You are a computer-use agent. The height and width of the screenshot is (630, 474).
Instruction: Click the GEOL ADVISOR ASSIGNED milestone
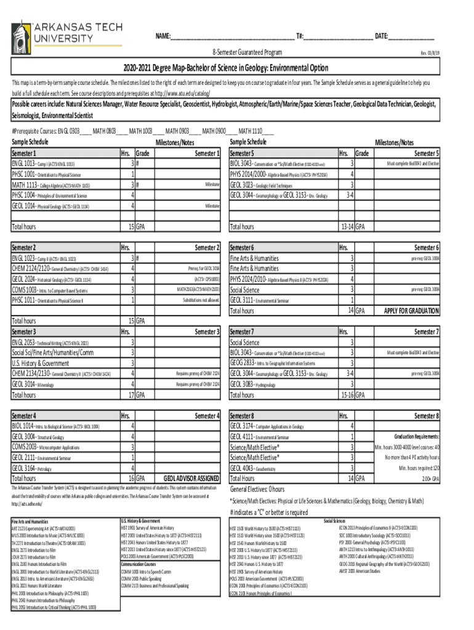point(190,478)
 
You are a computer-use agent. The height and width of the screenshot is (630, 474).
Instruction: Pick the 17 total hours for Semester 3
point(132,394)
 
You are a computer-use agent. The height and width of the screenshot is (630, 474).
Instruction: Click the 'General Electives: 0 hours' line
point(257,489)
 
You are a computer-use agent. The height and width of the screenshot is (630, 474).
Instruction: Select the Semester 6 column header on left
point(245,247)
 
